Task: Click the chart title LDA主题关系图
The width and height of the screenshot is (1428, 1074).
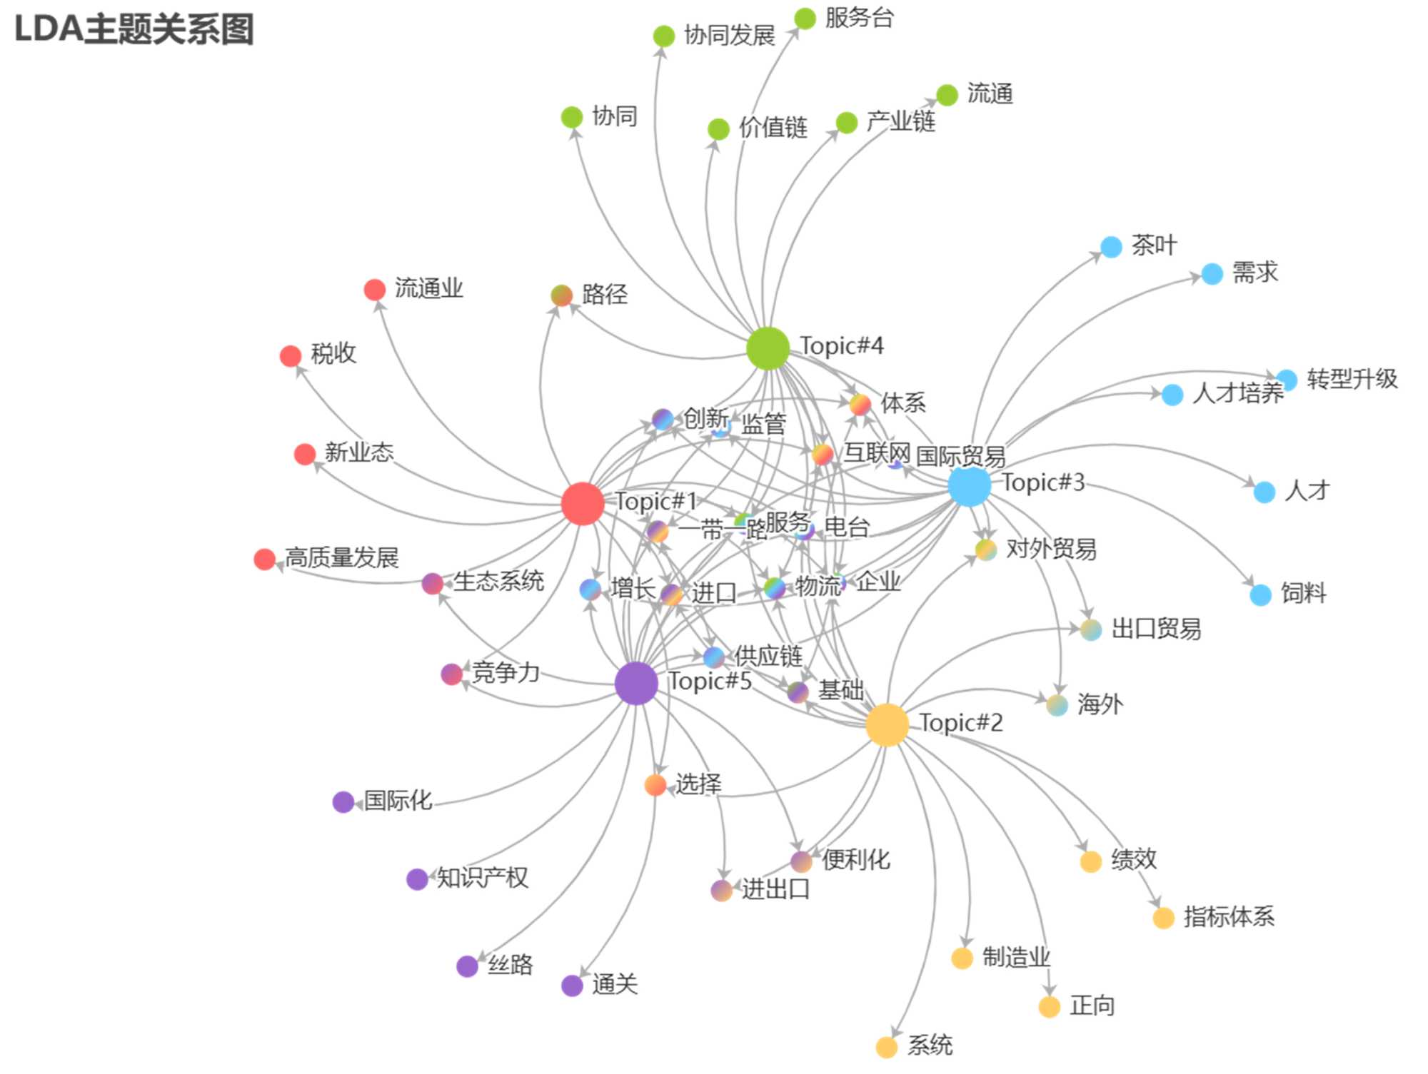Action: tap(134, 30)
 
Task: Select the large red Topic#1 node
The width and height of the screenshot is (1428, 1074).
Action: tap(583, 503)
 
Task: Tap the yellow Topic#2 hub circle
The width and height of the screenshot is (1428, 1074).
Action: tap(887, 724)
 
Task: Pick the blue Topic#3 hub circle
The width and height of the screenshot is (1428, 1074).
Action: tap(969, 486)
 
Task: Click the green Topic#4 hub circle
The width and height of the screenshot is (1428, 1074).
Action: tap(768, 348)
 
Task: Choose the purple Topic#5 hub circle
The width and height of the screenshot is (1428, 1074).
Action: tap(636, 683)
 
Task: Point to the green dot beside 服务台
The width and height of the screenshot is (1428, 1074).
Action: tap(805, 19)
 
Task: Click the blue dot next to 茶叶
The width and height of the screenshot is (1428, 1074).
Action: tap(1111, 247)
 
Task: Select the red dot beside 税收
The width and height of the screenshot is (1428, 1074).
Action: tap(291, 355)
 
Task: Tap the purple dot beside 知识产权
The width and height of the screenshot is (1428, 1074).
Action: tap(417, 879)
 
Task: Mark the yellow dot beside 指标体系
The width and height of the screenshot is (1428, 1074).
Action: tap(1164, 918)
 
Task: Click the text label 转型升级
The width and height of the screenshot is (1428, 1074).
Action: tap(1352, 379)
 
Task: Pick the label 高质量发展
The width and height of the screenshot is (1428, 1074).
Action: tap(341, 557)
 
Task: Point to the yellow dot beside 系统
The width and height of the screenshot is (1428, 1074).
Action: tap(886, 1047)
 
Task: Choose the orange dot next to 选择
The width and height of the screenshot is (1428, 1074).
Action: tap(655, 785)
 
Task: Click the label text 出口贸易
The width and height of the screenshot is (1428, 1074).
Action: tap(1156, 629)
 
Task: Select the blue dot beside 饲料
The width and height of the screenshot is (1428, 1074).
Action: tap(1260, 594)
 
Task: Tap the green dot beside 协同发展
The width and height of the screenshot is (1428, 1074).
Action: tap(663, 36)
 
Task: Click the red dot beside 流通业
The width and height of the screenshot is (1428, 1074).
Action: tap(375, 290)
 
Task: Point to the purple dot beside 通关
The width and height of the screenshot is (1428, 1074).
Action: tap(572, 986)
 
